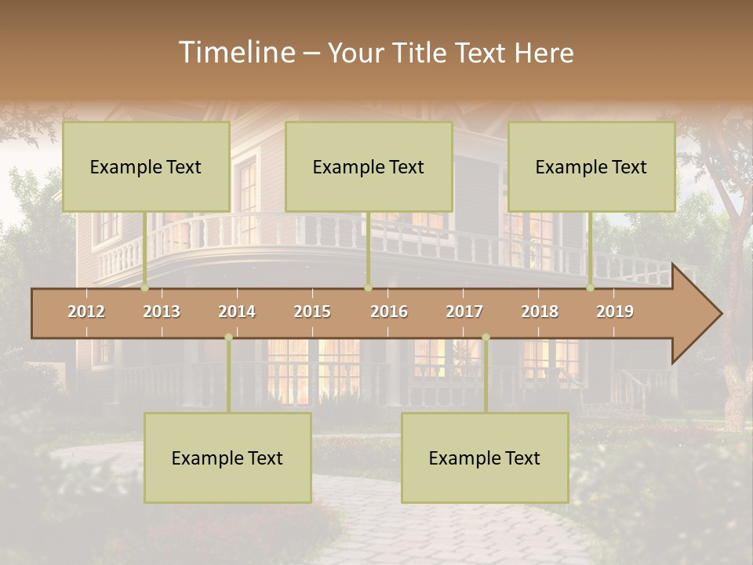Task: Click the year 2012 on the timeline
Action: [x=86, y=312]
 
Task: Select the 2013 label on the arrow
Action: [x=162, y=312]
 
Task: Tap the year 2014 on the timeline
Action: [x=237, y=312]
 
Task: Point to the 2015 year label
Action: [x=312, y=312]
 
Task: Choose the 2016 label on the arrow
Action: [x=389, y=312]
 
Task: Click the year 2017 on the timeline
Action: [x=464, y=312]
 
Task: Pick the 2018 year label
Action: [x=540, y=312]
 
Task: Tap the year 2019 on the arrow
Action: [x=615, y=312]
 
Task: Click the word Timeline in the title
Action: [x=235, y=53]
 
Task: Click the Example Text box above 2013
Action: [x=146, y=166]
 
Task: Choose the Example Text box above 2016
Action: [x=369, y=166]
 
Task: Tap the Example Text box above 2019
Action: [x=591, y=166]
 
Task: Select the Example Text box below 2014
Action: [x=227, y=457]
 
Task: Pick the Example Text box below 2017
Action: [x=485, y=457]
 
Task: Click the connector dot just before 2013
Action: [x=145, y=288]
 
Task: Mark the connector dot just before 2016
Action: [x=368, y=288]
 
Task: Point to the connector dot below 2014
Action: [x=228, y=337]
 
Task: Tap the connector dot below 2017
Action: [x=486, y=337]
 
